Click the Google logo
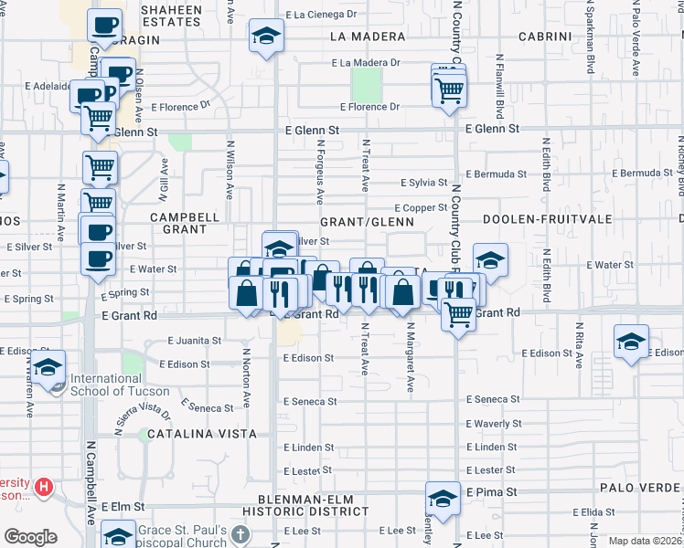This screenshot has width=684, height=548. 30,537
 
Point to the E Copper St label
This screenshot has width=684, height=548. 421,208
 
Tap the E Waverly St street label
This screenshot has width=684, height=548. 494,424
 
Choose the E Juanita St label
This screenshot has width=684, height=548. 194,341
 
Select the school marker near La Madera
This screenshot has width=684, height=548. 266,37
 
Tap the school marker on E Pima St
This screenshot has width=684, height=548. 443,500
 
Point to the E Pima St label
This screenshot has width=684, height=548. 492,491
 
